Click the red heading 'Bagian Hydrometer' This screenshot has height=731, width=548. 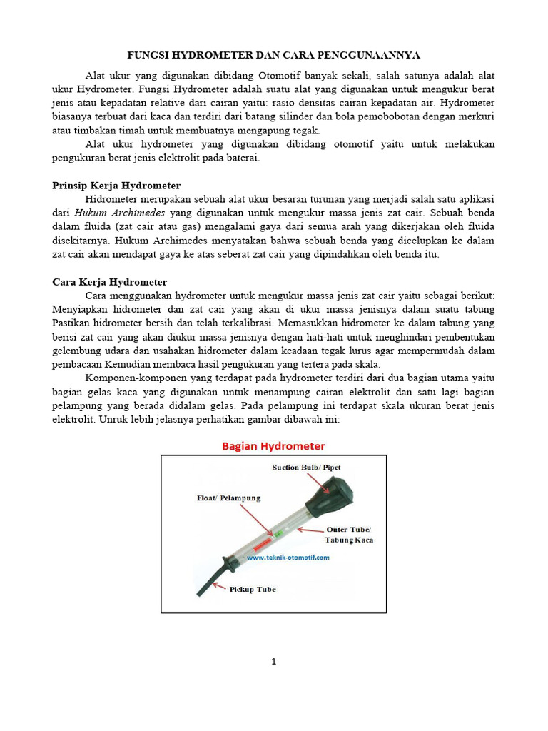tap(273, 446)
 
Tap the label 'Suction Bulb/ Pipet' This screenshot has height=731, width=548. tap(306, 468)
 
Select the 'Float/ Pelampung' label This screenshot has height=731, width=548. tap(228, 497)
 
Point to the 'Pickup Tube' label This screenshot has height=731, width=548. tap(252, 589)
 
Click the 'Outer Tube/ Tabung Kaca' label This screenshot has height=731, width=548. tap(349, 535)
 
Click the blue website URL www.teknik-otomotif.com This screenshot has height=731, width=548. tap(288, 558)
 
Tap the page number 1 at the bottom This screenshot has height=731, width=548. tap(273, 662)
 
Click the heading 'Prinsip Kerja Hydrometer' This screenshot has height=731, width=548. tap(116, 186)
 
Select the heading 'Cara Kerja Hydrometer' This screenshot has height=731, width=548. tap(110, 282)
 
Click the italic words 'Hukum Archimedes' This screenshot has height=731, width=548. tap(119, 213)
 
